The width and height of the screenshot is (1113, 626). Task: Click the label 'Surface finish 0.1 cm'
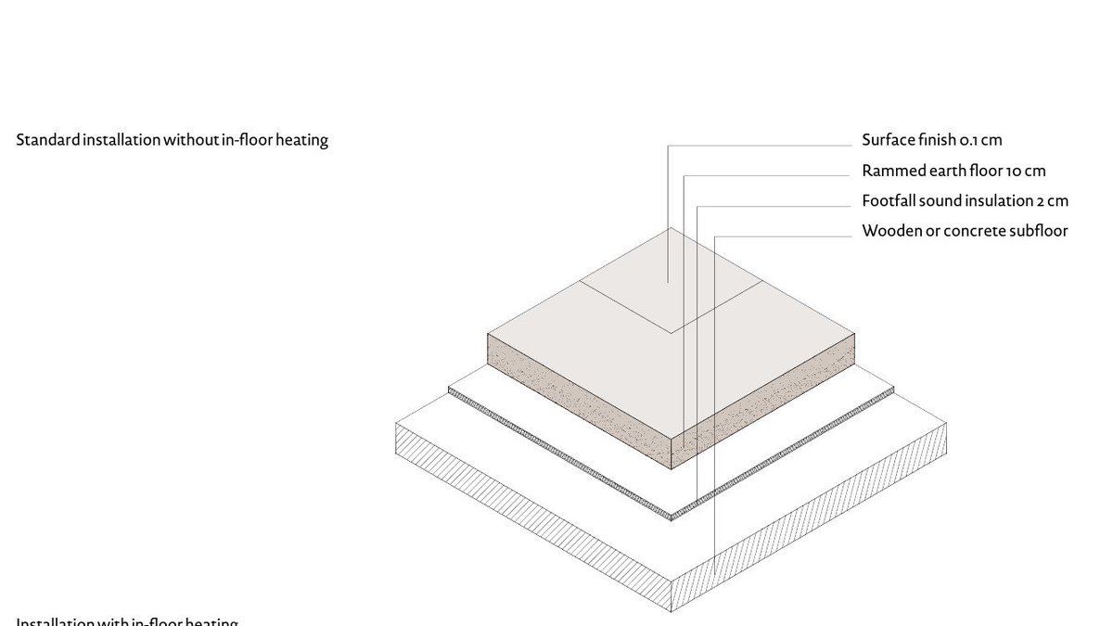pyautogui.click(x=932, y=140)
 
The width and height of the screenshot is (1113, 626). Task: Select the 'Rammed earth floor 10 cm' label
pyautogui.click(x=953, y=171)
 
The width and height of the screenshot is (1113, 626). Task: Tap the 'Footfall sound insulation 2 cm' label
pyautogui.click(x=965, y=200)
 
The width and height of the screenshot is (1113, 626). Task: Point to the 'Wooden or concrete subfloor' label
pyautogui.click(x=965, y=231)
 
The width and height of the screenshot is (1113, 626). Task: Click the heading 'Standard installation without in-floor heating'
pyautogui.click(x=173, y=141)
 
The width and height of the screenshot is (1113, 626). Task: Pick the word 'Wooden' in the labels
pyautogui.click(x=891, y=231)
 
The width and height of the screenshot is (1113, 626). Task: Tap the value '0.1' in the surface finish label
pyautogui.click(x=969, y=140)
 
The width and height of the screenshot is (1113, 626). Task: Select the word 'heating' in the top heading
pyautogui.click(x=301, y=141)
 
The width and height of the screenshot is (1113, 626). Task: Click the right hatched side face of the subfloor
pyautogui.click(x=807, y=529)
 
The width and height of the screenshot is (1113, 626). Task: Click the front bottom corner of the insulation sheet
pyautogui.click(x=672, y=516)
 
